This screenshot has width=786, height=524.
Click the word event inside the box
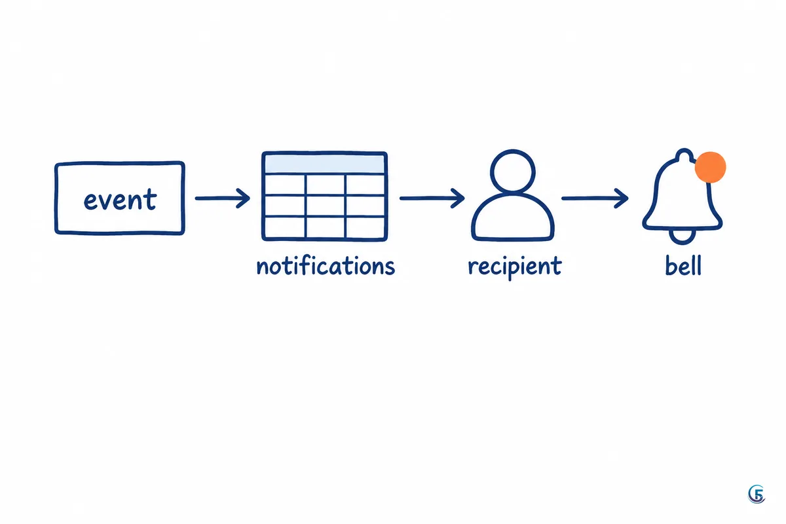(x=120, y=199)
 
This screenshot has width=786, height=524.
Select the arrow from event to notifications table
(x=223, y=198)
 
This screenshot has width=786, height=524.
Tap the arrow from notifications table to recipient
(x=432, y=198)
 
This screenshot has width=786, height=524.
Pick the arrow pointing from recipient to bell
(x=595, y=198)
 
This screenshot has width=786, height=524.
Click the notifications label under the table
(x=326, y=266)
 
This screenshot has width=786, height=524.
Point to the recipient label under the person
(x=515, y=267)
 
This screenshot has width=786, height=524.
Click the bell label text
(x=683, y=265)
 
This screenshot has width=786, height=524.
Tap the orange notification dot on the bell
(x=710, y=167)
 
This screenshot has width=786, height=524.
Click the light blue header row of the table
(x=325, y=164)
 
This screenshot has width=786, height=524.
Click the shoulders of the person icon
(x=513, y=195)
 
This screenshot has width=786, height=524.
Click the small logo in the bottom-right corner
(x=757, y=494)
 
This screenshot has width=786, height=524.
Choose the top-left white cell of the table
(x=285, y=185)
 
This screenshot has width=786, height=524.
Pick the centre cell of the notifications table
(x=326, y=206)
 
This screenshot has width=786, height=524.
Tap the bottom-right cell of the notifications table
(x=365, y=227)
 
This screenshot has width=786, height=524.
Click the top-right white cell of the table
(x=365, y=185)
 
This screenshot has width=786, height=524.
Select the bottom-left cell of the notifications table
(x=285, y=227)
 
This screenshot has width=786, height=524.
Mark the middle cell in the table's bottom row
(x=326, y=227)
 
